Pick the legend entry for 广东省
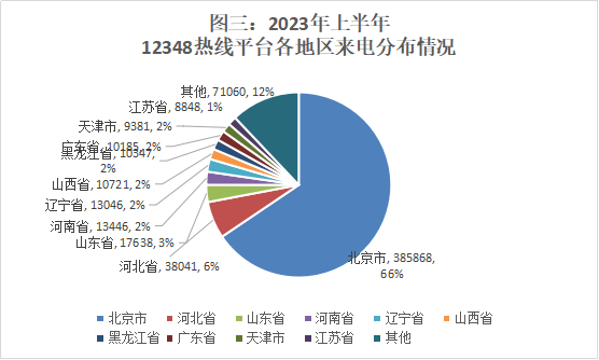(194, 337)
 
